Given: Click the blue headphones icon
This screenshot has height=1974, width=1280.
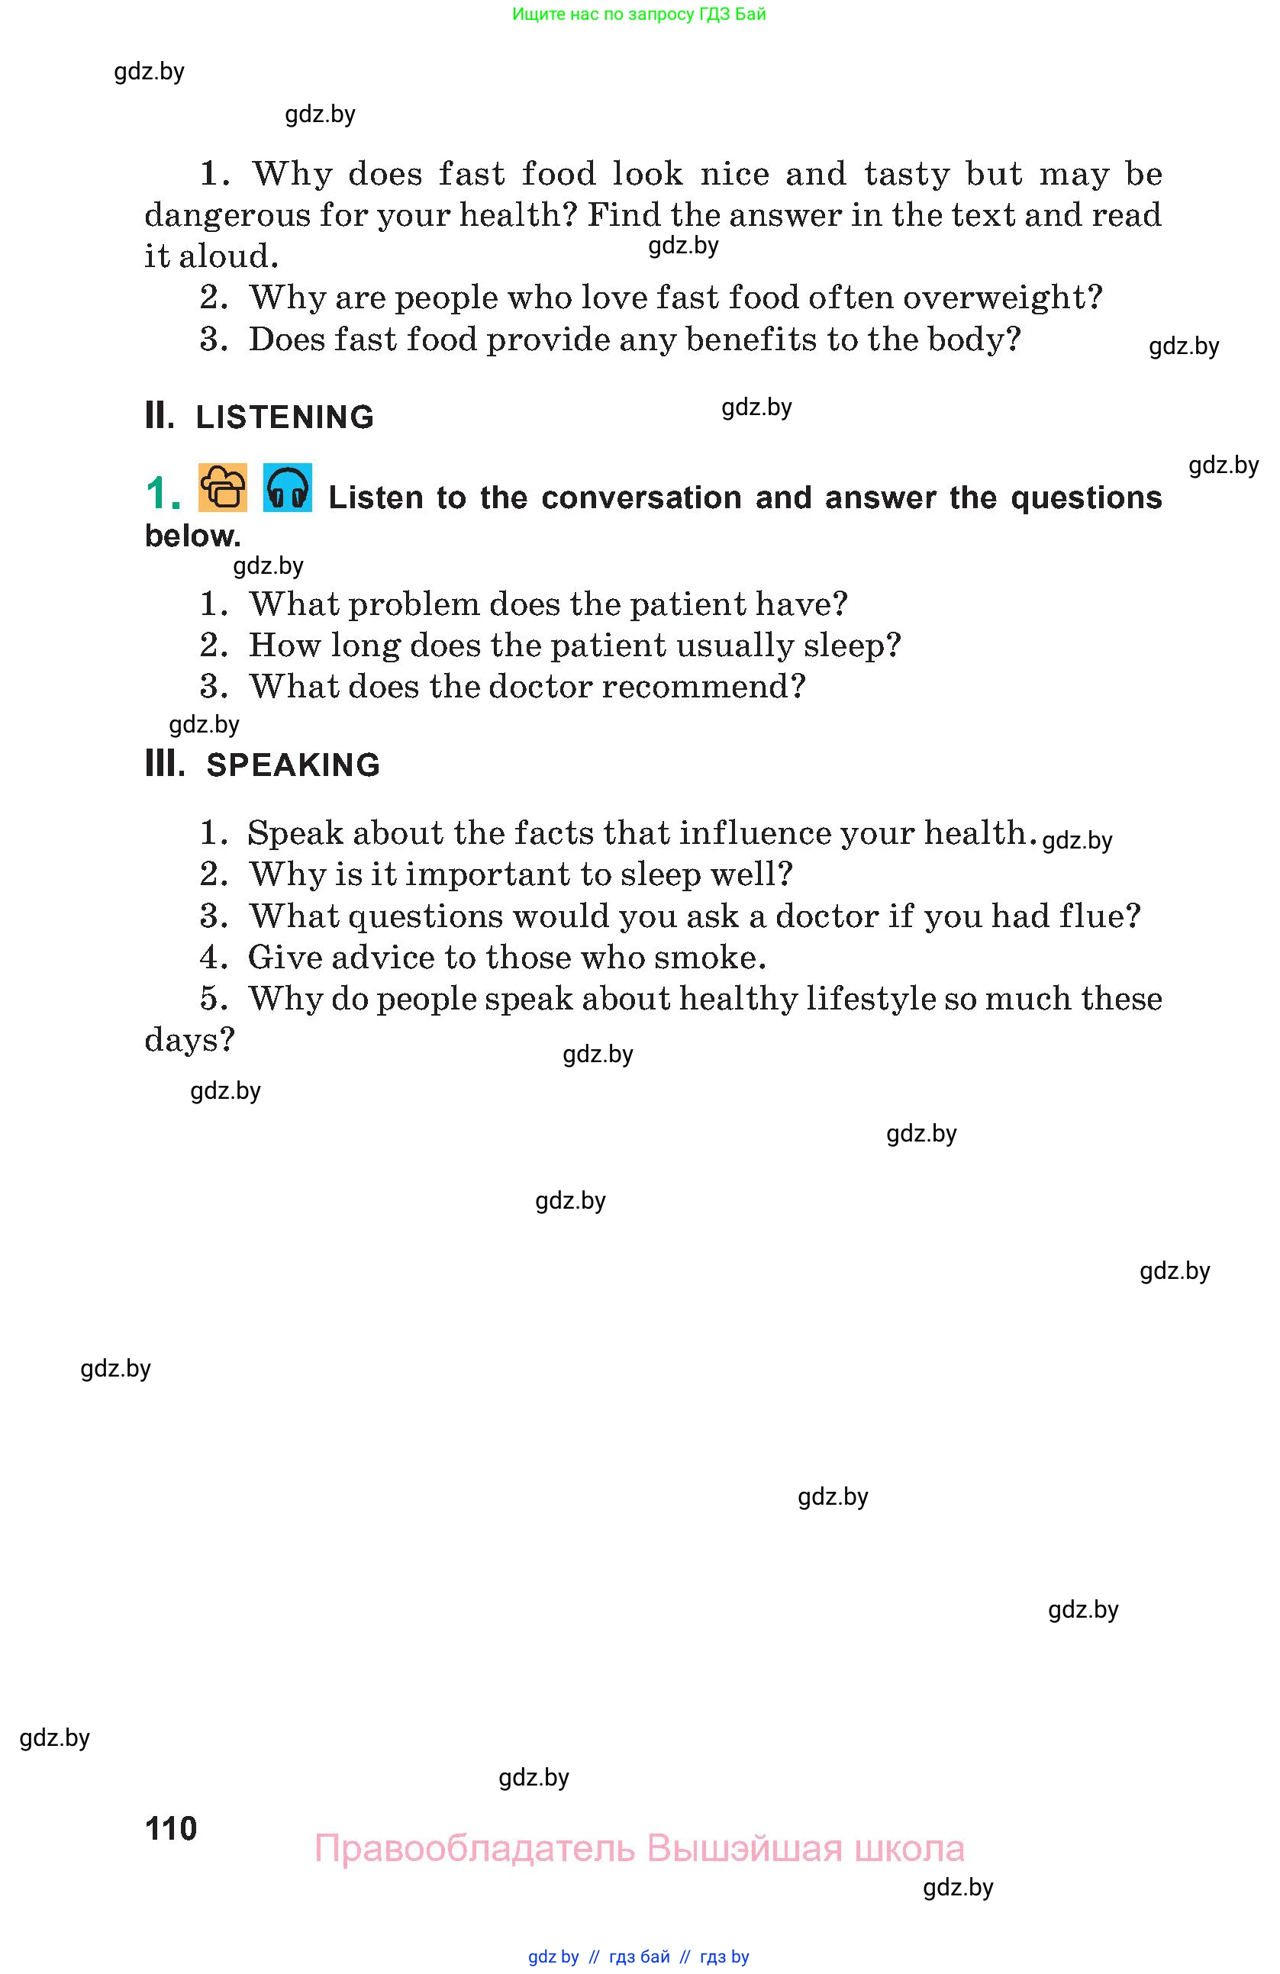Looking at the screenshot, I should [287, 488].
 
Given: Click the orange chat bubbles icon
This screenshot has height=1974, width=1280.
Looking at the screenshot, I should [222, 488].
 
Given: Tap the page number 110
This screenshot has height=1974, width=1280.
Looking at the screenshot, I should [171, 1828].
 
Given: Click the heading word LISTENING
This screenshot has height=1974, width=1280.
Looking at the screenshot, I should [285, 417].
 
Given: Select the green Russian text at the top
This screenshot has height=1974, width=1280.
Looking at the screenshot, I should [639, 14].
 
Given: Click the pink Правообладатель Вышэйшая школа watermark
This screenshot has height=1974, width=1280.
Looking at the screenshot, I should [639, 1849].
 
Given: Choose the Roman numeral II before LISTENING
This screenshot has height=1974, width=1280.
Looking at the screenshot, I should [160, 416].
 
